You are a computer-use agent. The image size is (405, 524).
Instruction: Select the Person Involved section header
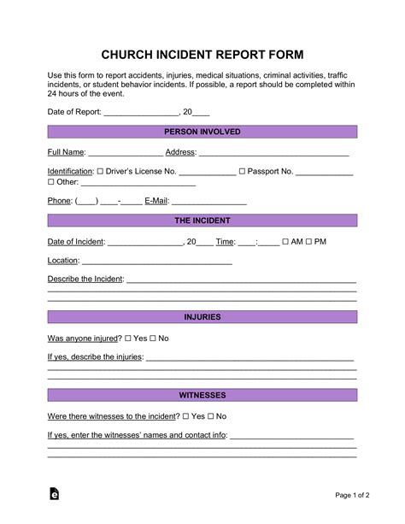pos(202,132)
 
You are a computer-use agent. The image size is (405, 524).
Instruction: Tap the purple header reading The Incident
pos(202,221)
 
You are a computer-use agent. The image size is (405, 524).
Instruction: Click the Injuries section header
pos(202,317)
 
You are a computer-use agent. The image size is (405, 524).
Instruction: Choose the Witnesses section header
pos(202,396)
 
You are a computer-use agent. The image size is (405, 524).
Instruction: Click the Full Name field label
pos(67,152)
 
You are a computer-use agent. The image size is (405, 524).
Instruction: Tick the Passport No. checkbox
pos(242,172)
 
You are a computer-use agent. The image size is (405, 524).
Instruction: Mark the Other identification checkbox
pos(50,182)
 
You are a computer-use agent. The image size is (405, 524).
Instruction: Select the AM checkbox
pos(285,242)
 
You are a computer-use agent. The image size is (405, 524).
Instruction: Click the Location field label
pos(62,261)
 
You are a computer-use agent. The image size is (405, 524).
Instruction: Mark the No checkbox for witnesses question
pos(209,416)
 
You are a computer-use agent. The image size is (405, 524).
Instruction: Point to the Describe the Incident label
pos(85,280)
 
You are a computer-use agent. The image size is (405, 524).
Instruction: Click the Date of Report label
pos(73,112)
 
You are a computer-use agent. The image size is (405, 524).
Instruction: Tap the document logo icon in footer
pos(54,493)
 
